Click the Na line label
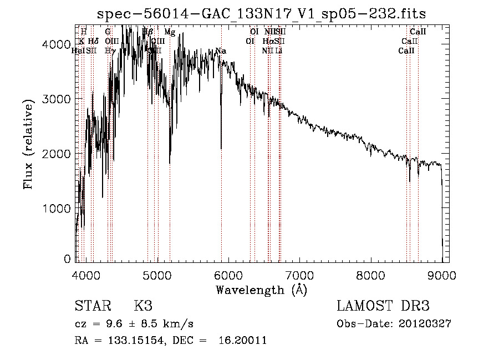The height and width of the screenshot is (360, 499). coord(220,51)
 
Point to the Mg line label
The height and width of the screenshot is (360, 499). coord(170,33)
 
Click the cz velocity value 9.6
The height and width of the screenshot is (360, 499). coord(116,324)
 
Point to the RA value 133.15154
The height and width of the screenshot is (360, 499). coord(135,341)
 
